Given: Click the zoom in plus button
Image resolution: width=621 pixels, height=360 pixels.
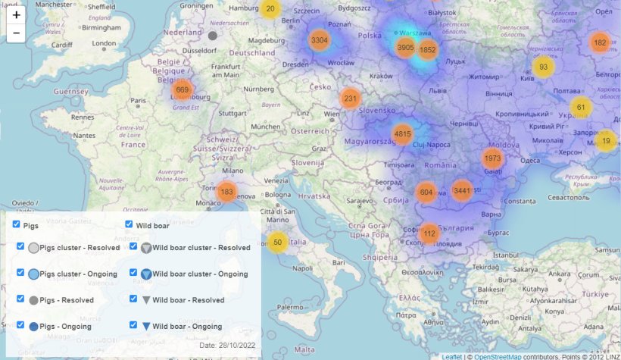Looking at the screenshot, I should [17, 14].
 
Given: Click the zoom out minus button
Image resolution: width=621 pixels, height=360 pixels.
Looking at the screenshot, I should [17, 33].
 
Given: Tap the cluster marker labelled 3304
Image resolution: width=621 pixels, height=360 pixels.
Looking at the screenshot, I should [320, 40].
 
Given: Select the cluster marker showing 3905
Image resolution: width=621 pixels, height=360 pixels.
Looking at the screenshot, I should [405, 48].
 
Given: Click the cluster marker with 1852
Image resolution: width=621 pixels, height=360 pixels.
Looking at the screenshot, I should [428, 51].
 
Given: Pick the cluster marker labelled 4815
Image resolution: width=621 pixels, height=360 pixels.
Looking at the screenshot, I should [402, 134].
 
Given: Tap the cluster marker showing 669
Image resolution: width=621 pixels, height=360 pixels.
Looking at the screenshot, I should [182, 90].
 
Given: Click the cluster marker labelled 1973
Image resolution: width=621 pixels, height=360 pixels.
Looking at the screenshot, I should [492, 158].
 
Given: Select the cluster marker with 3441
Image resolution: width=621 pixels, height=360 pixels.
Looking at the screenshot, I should [462, 191].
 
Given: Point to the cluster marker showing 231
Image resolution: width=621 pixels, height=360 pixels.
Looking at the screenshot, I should [350, 99].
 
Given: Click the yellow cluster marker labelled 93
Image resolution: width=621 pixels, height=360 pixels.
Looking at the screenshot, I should [543, 67].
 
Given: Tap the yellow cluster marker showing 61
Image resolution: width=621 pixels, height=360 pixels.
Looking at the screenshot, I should [581, 108].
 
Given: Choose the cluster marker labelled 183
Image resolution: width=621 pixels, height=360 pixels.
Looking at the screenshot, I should [226, 192].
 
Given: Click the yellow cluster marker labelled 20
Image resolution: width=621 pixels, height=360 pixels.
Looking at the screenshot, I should [270, 9].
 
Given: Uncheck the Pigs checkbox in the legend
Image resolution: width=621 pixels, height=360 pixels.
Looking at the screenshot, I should [17, 225].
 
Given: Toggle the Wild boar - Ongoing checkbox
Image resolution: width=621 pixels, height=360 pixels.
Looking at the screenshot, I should [133, 326].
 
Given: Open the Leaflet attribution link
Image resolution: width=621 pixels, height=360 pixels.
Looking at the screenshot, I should [451, 356].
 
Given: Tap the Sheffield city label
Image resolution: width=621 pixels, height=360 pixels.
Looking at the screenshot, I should [101, 6].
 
